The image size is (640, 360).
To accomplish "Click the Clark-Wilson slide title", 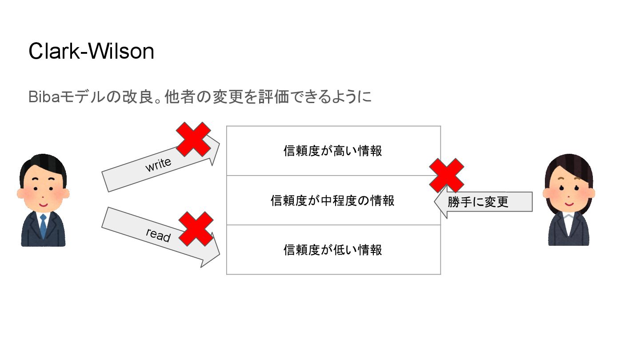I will (x=91, y=52).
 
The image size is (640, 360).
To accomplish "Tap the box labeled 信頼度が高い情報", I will (x=333, y=151).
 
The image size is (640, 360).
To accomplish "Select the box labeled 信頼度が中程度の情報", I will (x=333, y=200).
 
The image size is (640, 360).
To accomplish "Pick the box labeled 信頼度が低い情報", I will (x=333, y=250).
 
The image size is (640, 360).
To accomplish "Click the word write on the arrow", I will (x=158, y=165).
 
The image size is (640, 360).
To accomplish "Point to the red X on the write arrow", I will (x=194, y=139).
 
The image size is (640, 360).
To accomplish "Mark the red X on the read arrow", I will (x=196, y=228).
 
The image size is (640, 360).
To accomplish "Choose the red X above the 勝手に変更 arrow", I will (x=447, y=175).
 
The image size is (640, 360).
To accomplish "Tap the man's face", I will (x=43, y=192).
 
